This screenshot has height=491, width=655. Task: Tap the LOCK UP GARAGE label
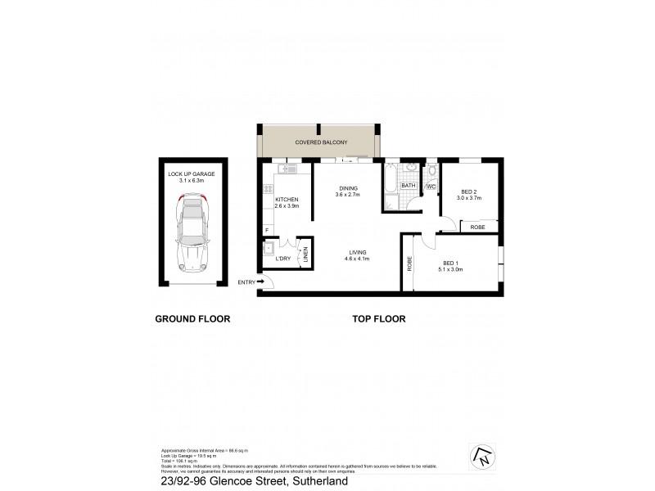point(192,174)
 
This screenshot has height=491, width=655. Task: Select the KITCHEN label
point(287,200)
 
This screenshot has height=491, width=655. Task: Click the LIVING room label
point(356,252)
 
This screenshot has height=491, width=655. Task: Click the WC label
point(431,187)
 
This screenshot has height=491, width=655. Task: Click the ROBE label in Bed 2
point(477,227)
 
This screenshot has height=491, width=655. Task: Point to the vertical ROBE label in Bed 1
point(408,264)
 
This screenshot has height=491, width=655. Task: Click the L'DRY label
point(283,259)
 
